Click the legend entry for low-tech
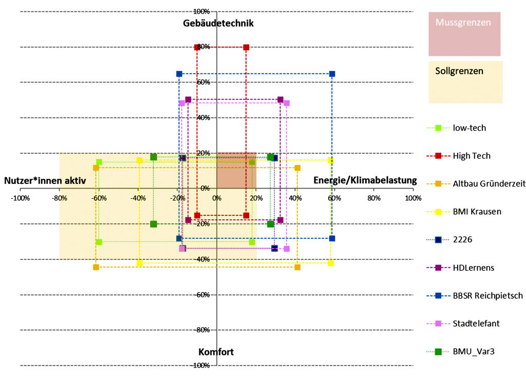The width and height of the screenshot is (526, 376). (x=469, y=128)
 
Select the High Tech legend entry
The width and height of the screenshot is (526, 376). (x=471, y=156)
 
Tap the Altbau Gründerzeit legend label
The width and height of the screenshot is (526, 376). (x=489, y=184)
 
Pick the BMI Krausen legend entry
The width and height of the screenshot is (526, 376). (x=477, y=212)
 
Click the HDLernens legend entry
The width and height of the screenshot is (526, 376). (x=473, y=268)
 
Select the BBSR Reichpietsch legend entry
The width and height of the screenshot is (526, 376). (x=487, y=295)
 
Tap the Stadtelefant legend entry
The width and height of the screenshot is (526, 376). (x=476, y=324)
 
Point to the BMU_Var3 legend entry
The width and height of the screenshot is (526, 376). (x=473, y=352)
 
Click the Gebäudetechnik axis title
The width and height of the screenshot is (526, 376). (x=218, y=23)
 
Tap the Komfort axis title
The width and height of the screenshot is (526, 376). (x=216, y=352)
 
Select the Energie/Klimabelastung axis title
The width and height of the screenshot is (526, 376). (x=365, y=180)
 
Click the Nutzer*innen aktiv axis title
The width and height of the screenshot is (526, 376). (x=45, y=180)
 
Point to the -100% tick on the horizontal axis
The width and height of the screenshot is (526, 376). (x=21, y=198)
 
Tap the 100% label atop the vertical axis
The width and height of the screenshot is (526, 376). (x=200, y=11)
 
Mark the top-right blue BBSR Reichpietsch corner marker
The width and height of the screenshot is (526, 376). (x=332, y=74)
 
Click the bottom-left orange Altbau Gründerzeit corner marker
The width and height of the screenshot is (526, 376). (x=96, y=267)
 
